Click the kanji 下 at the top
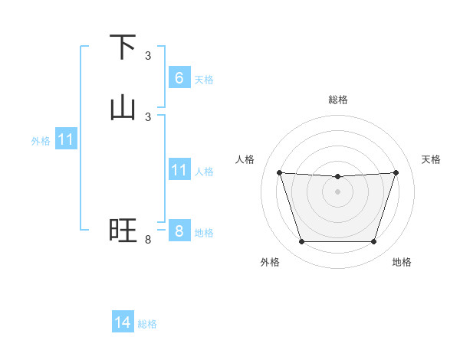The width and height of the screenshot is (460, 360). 123,48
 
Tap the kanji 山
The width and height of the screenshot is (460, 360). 123,108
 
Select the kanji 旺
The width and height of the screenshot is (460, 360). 123,231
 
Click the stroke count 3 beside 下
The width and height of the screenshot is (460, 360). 148,56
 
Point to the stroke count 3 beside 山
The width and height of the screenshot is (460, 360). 148,116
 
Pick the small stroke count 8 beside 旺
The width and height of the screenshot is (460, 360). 148,240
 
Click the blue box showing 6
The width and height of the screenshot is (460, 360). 179,77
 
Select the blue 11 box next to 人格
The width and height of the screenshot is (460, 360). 179,169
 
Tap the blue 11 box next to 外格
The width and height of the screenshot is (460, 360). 66,139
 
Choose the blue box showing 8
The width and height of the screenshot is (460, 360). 179,231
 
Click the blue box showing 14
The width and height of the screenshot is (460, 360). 123,322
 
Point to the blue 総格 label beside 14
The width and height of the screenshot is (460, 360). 147,324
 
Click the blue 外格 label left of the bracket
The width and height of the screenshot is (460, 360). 41,141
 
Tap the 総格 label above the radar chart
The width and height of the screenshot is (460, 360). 337,100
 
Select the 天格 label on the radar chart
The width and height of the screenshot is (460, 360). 432,159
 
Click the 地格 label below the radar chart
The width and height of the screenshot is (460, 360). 402,262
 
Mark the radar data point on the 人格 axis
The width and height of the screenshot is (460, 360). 279,172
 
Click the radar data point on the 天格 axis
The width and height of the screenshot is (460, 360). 396,172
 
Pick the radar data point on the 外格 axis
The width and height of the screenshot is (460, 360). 301,242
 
